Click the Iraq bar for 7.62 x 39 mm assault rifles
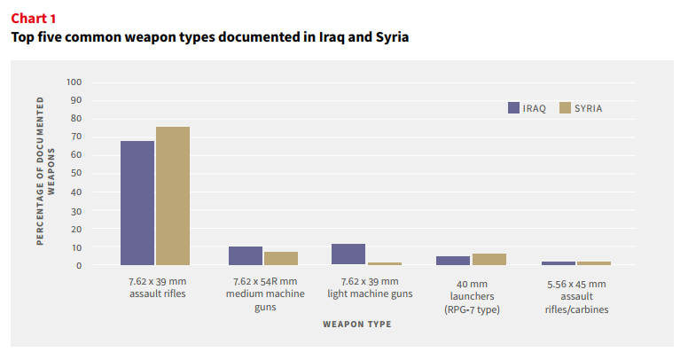point(137,203)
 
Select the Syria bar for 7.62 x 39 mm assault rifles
point(173,196)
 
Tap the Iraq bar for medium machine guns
point(246,256)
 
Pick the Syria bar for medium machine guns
point(281,259)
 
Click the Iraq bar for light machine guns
point(348,254)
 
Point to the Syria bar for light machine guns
point(385,264)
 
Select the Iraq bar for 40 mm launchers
point(453,261)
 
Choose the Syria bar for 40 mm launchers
point(489,260)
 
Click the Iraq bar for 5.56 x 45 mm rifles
point(559,263)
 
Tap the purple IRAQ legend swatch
point(514,108)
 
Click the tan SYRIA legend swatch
point(565,108)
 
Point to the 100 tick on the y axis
point(74,82)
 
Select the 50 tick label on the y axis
point(76,173)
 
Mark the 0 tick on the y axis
point(79,266)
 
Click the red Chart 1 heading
point(34,19)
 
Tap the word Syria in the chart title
point(392,37)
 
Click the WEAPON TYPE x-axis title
point(357,325)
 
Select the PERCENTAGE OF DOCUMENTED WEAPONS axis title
point(45,171)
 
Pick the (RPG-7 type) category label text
point(472,309)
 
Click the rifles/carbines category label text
point(576,309)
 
